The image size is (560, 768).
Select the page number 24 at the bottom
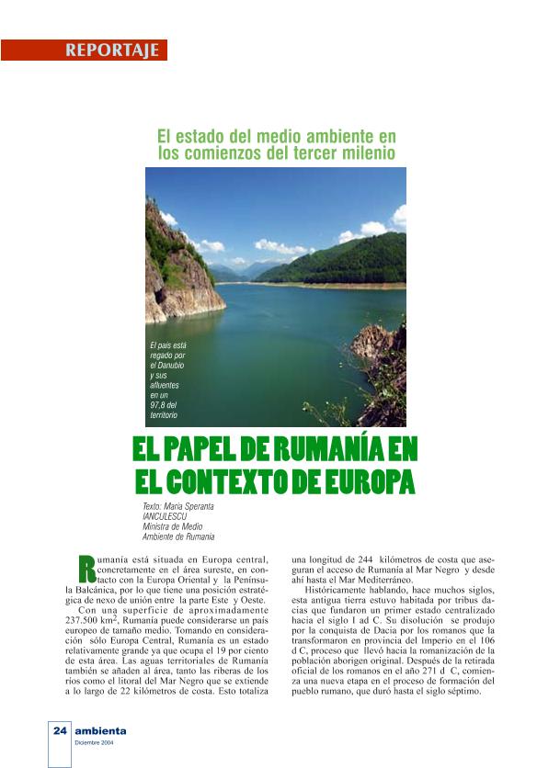[x=60, y=731]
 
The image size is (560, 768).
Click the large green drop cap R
[x=87, y=567]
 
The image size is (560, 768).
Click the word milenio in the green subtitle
[x=363, y=152]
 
